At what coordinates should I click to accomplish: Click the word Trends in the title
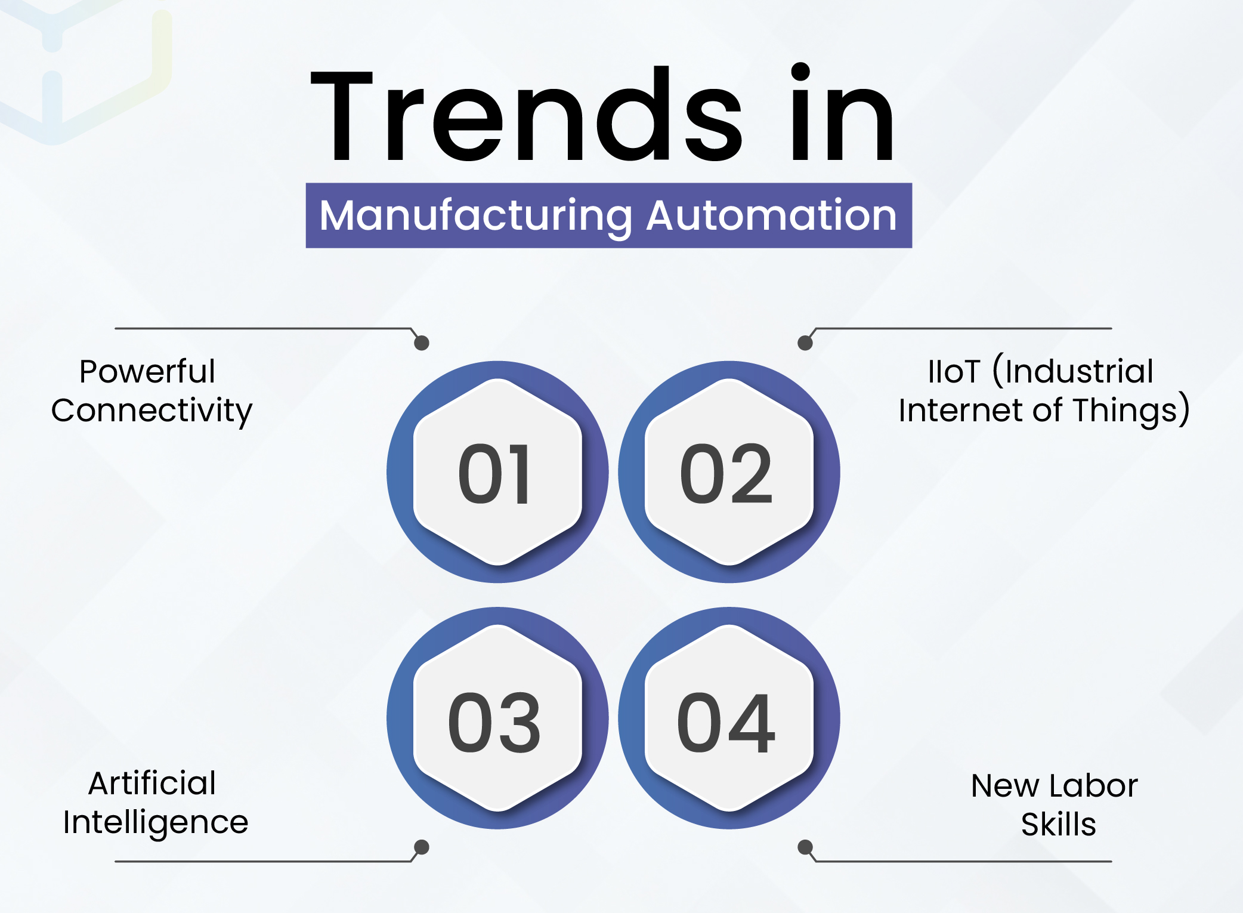527,114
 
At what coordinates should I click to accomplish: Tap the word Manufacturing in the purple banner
476,216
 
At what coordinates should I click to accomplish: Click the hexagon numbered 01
497,472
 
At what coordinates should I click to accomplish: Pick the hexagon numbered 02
729,472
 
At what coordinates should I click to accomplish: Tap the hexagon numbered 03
497,718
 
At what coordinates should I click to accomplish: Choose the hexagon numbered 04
729,718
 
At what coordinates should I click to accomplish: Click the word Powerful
147,371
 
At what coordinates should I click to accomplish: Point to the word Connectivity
152,411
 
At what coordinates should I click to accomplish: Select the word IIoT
954,371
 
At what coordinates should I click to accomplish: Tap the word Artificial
152,783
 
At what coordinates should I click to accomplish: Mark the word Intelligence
156,823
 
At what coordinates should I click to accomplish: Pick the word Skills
1059,824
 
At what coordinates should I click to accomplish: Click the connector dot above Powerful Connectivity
422,343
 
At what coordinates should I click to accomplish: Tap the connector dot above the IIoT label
805,343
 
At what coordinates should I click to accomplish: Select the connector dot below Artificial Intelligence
422,847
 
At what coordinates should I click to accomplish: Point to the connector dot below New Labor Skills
805,847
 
